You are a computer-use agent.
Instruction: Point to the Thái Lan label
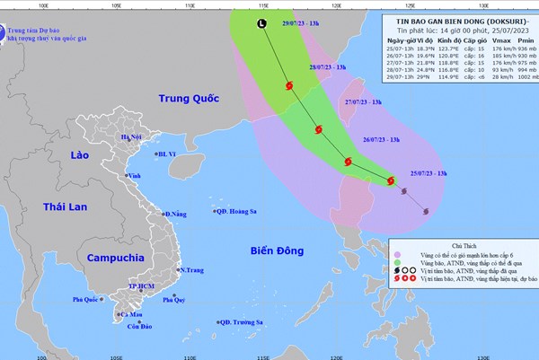pos(66,207)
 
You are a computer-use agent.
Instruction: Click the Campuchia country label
pos(117,258)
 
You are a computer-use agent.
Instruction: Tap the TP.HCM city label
pos(142,285)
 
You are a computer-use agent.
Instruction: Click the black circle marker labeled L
pos(261,24)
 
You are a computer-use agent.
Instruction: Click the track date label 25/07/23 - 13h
pos(433,171)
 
